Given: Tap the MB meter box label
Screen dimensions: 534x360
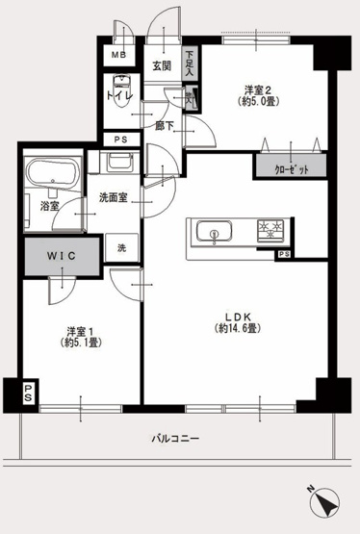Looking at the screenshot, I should point(119,55).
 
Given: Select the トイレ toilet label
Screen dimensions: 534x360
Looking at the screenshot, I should point(119,97).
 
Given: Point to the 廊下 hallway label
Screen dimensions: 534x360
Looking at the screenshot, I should point(164,124).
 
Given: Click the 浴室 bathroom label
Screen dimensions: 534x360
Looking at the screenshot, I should point(48,206).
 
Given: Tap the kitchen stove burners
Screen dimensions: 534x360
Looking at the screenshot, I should point(269,230).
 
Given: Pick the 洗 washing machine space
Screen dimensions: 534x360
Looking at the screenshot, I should point(121,247).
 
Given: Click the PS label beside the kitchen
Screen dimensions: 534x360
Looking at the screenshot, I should point(284,254).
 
